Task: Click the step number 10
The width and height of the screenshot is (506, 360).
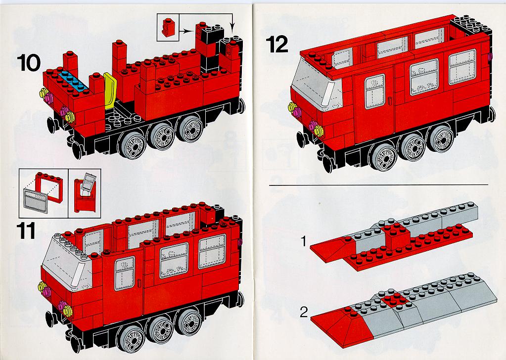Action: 29,63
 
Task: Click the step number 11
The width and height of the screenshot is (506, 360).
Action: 26,231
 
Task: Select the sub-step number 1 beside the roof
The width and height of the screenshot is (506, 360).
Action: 303,241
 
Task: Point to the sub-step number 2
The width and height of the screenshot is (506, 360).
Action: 304,312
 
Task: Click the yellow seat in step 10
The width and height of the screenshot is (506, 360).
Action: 110,90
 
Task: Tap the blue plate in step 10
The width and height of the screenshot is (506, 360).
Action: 74,81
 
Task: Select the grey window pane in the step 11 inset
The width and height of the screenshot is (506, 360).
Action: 36,201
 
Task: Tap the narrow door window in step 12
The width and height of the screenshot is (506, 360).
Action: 374,91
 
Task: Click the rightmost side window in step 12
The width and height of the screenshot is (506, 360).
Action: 462,67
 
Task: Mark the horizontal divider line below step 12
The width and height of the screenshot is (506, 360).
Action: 378,185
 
